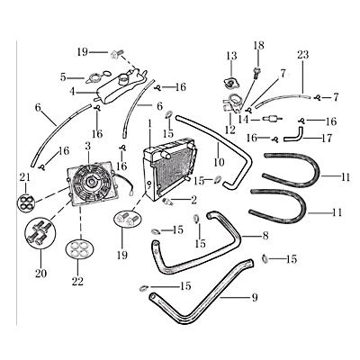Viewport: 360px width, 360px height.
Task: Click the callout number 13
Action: (230, 56)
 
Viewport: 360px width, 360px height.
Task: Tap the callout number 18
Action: (258, 45)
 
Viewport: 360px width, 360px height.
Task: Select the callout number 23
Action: (303, 55)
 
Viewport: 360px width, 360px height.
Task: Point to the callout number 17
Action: (327, 139)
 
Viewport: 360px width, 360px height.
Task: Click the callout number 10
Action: (219, 162)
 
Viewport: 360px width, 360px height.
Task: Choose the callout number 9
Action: (255, 297)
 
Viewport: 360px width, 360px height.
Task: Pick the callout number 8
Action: (265, 236)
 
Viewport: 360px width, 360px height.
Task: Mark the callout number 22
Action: (77, 282)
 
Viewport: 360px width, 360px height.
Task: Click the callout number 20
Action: (38, 274)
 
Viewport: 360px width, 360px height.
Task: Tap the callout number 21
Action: (24, 177)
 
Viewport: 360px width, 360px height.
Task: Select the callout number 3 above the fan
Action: (87, 145)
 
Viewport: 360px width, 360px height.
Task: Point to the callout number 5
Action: (63, 77)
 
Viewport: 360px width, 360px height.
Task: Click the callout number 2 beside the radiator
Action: (193, 200)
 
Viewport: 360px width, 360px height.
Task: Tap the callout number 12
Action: (229, 130)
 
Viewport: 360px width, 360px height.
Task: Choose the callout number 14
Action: (242, 119)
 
